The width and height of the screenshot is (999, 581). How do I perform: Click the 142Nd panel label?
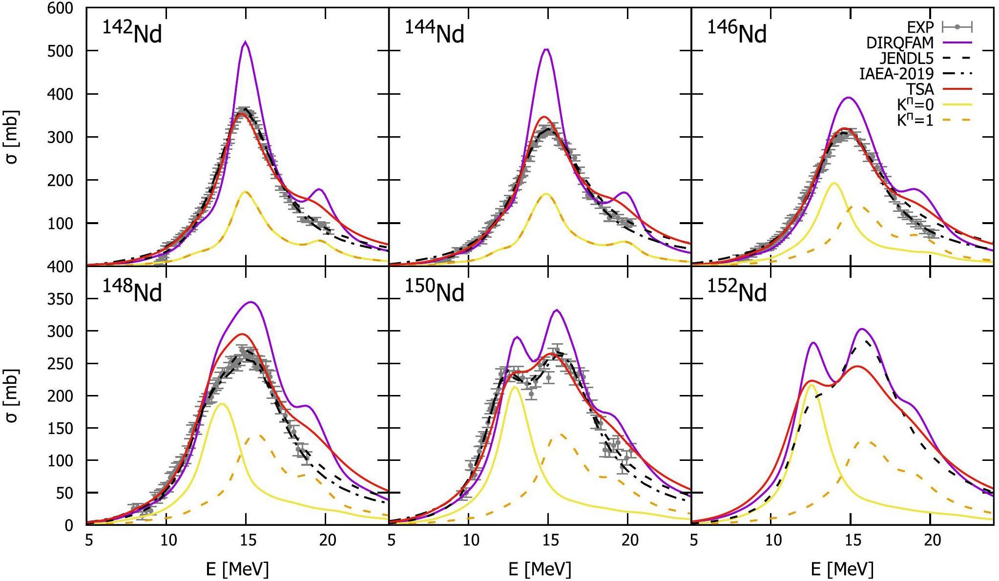132,34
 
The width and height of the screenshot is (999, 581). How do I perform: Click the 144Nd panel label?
435,34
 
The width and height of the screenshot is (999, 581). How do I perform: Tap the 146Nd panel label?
737,34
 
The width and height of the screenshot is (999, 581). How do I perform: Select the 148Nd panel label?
132,292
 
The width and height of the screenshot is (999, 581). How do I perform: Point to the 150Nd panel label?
435,292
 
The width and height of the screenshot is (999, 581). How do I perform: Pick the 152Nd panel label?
737,292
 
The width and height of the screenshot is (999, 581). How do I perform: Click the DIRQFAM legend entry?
900,42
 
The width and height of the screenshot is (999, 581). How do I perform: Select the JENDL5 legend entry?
907,58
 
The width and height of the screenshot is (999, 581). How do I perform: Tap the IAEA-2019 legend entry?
896,74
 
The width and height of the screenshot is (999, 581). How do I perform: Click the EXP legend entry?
920,27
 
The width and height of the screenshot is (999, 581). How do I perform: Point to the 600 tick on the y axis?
61,8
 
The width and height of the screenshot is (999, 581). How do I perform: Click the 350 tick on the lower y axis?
61,299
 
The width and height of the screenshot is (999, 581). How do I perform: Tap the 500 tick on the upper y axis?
61,51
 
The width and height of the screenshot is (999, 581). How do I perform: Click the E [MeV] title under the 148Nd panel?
237,569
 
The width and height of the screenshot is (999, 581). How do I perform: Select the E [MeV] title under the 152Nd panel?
842,569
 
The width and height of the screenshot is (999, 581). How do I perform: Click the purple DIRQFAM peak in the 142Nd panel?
245,42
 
